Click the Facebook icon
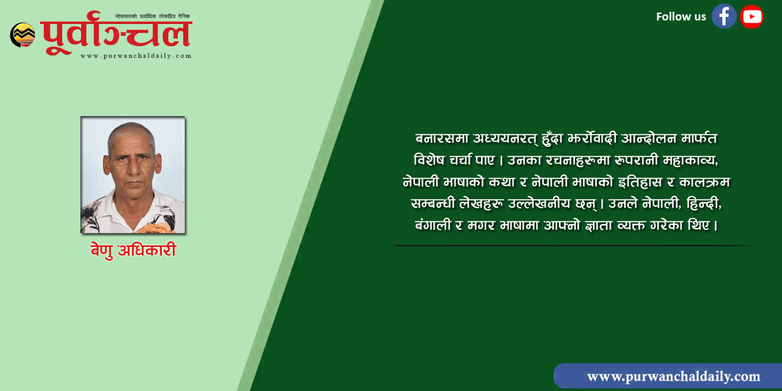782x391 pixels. [x=723, y=16]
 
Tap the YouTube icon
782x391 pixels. [x=751, y=16]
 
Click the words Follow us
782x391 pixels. [x=681, y=16]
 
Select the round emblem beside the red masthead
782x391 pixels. [x=23, y=35]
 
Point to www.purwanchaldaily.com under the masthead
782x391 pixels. [x=136, y=56]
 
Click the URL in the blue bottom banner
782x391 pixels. [x=674, y=377]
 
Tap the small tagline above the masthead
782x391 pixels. [x=153, y=16]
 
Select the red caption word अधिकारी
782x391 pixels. [x=147, y=250]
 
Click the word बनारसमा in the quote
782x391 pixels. [x=441, y=138]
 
